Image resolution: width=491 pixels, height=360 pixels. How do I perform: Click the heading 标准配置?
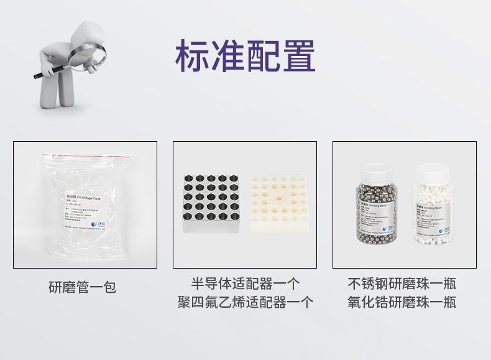click(245, 55)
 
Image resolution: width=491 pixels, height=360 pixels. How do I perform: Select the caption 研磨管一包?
click(83, 287)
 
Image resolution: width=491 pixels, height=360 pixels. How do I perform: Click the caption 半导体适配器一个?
click(245, 284)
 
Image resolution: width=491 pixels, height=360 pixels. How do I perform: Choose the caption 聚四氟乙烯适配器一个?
click(245, 303)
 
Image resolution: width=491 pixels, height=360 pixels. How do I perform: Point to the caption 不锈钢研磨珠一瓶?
click(402, 284)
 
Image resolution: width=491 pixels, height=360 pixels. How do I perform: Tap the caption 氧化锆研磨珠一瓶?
click(402, 303)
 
